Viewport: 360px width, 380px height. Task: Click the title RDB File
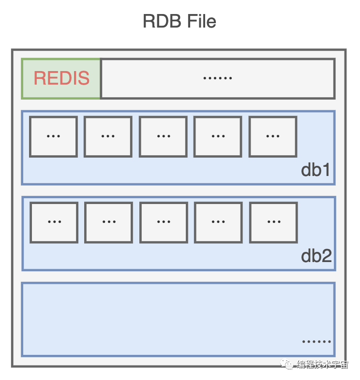coord(180,22)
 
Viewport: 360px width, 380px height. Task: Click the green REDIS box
coord(61,78)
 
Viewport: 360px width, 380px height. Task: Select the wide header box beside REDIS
coord(217,78)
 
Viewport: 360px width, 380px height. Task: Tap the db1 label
coord(315,170)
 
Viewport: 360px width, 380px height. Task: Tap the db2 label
coord(316,256)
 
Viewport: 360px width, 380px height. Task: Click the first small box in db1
coord(53,137)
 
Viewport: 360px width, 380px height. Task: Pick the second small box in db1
coord(108,137)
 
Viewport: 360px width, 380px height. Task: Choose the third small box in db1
coord(163,137)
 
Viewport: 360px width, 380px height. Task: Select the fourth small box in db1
coord(218,137)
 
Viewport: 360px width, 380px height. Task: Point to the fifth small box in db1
coord(273,137)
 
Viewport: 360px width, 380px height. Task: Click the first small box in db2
coord(54,222)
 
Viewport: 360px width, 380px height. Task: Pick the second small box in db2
coord(108,222)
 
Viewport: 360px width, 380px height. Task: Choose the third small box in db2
coord(164,222)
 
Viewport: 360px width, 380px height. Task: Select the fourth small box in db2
coord(218,222)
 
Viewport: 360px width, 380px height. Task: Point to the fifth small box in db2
coord(273,222)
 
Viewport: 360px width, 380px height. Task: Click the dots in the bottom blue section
coord(316,341)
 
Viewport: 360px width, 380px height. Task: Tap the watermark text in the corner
coord(322,365)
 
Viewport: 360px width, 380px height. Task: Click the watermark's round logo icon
coord(289,365)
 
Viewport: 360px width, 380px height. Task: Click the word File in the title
coord(199,22)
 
